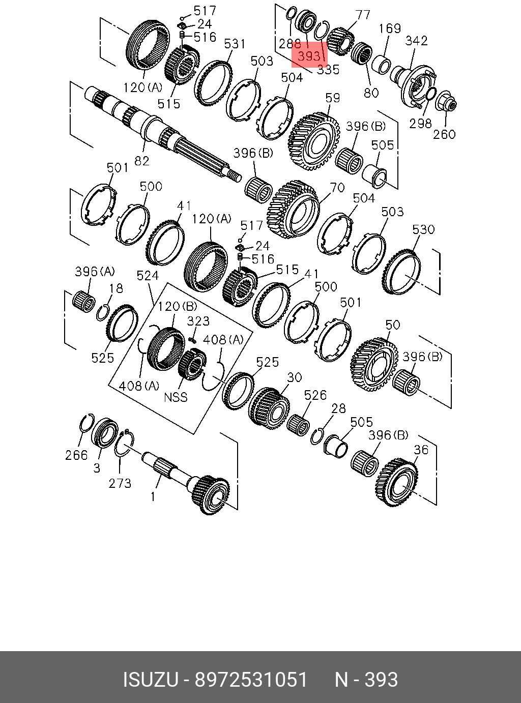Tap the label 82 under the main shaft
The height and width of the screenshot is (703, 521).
tap(142, 160)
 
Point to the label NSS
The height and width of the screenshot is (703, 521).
tap(176, 397)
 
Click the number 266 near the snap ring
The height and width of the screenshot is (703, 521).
tap(76, 455)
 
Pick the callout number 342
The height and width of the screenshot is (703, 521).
tap(416, 41)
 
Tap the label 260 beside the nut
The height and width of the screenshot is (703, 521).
tap(444, 134)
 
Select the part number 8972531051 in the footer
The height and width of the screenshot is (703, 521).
tap(252, 680)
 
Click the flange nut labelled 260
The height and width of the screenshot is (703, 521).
tap(446, 100)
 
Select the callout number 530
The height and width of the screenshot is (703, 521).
tap(423, 229)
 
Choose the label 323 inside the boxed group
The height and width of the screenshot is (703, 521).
tap(198, 320)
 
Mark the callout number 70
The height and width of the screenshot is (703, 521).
tap(337, 188)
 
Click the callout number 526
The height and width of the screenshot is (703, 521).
tap(315, 395)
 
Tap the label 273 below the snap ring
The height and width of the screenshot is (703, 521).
tap(120, 483)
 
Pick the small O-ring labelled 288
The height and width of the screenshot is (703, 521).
tap(292, 13)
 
